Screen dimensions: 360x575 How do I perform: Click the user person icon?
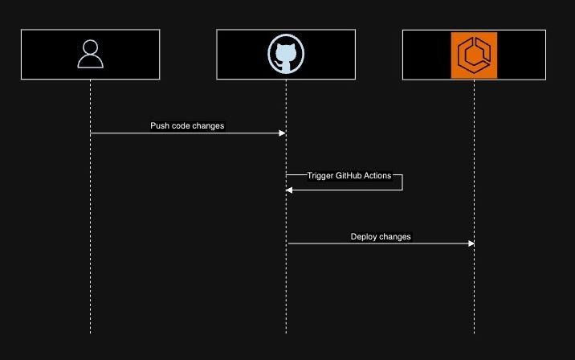pyautogui.click(x=91, y=54)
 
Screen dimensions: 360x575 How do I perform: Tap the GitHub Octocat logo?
pyautogui.click(x=286, y=54)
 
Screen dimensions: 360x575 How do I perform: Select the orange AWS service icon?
pyautogui.click(x=474, y=55)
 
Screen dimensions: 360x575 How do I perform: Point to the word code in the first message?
pyautogui.click(x=182, y=126)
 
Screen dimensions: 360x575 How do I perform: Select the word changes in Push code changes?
pyautogui.click(x=210, y=126)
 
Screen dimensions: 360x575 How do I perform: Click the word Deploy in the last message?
pyautogui.click(x=364, y=237)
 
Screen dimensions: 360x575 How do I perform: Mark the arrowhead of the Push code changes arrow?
pyautogui.click(x=282, y=133)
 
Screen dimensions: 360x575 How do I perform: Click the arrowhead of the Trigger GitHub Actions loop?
pyautogui.click(x=290, y=190)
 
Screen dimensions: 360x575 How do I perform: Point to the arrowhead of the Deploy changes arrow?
pyautogui.click(x=471, y=243)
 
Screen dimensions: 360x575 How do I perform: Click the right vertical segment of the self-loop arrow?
pyautogui.click(x=402, y=182)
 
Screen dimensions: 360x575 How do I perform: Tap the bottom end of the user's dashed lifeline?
pyautogui.click(x=91, y=332)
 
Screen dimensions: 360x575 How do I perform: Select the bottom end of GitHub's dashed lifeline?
pyautogui.click(x=286, y=332)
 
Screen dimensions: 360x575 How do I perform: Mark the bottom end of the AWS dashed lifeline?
pyautogui.click(x=474, y=332)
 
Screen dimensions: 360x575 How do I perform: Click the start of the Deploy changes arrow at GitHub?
pyautogui.click(x=288, y=243)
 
